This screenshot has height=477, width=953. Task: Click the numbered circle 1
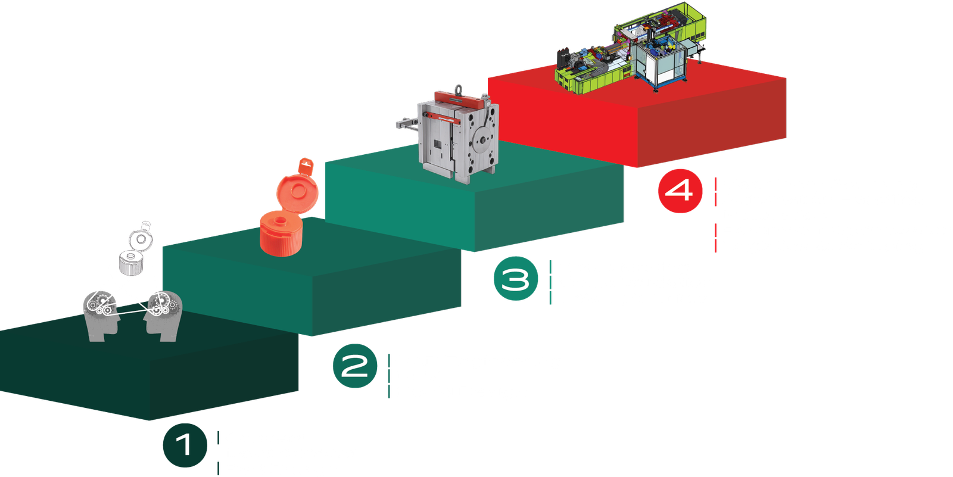click(x=185, y=445)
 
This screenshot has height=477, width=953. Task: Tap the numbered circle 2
click(x=355, y=366)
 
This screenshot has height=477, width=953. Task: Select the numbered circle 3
click(x=515, y=278)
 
